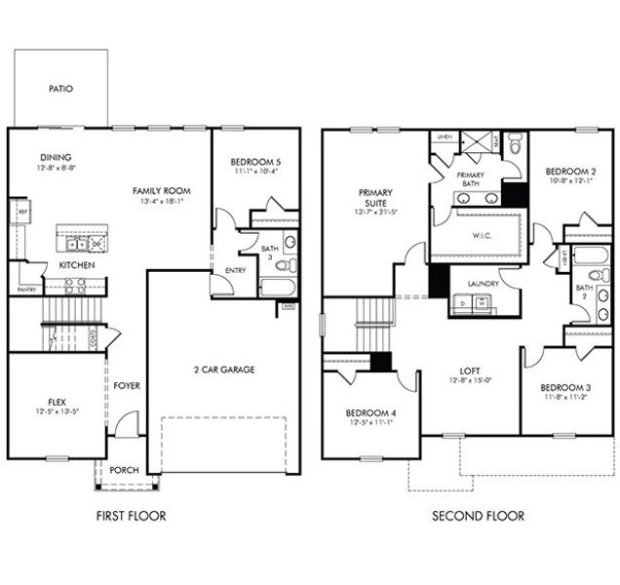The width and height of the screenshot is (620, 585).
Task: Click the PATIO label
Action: pyautogui.click(x=60, y=89)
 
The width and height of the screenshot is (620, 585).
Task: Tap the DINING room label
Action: pyautogui.click(x=56, y=157)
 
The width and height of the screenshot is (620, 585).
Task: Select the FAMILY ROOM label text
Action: pyautogui.click(x=161, y=190)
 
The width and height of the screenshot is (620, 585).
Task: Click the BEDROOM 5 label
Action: pyautogui.click(x=255, y=161)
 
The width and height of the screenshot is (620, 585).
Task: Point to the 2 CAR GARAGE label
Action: pyautogui.click(x=222, y=370)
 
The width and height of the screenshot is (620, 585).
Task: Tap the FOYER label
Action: pyautogui.click(x=127, y=385)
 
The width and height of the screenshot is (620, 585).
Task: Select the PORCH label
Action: pyautogui.click(x=125, y=470)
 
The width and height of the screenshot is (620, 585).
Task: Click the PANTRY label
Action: pyautogui.click(x=26, y=290)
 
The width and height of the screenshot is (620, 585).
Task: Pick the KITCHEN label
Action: pyautogui.click(x=75, y=265)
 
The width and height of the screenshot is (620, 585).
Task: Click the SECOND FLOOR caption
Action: pyautogui.click(x=478, y=516)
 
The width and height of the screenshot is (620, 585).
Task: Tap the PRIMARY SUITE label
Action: pyautogui.click(x=375, y=198)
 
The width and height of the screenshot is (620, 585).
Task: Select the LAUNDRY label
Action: pyautogui.click(x=483, y=284)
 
